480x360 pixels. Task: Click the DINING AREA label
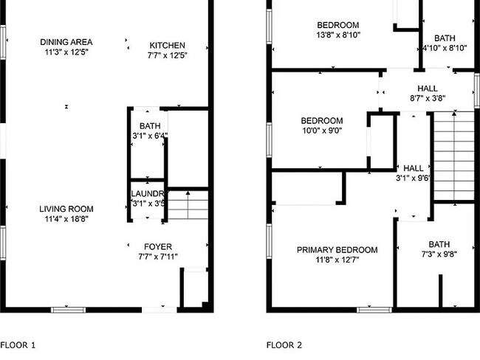pyautogui.click(x=66, y=42)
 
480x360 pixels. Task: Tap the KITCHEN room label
pyautogui.click(x=168, y=45)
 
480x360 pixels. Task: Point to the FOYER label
pyautogui.click(x=157, y=246)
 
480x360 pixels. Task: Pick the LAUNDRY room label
pyautogui.click(x=146, y=194)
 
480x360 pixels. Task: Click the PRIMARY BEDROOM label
pyautogui.click(x=337, y=250)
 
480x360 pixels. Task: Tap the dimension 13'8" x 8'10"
pyautogui.click(x=338, y=35)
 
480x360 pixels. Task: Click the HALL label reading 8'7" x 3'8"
pyautogui.click(x=427, y=89)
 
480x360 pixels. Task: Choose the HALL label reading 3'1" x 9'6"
pyautogui.click(x=413, y=168)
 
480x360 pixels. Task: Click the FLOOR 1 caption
pyautogui.click(x=18, y=345)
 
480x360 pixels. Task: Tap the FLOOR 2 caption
pyautogui.click(x=284, y=345)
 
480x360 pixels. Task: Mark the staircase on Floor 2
pyautogui.click(x=453, y=155)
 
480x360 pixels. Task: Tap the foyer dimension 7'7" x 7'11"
pyautogui.click(x=157, y=257)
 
